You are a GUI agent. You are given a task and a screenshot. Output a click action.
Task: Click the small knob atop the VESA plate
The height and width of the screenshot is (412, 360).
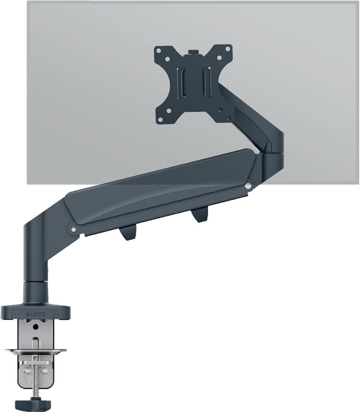click(x=193, y=51)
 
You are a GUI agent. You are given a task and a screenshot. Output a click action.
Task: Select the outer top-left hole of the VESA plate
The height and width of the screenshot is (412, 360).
click(x=158, y=49)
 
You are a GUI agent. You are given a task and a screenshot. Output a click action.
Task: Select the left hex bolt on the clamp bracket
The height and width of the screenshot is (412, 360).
click(x=26, y=371)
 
